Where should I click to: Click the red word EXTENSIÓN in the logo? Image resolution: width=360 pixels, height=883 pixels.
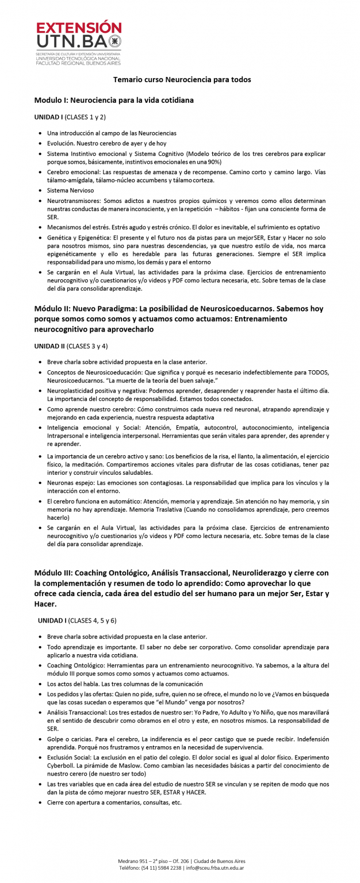(79, 28)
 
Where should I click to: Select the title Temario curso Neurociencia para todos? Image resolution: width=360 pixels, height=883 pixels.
(182, 79)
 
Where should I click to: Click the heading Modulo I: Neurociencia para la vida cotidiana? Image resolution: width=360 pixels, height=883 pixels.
(114, 100)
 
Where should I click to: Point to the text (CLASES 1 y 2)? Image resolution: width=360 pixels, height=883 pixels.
(85, 117)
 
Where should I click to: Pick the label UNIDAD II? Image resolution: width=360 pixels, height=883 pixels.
(50, 346)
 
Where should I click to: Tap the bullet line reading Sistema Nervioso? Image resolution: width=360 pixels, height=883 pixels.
(70, 190)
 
